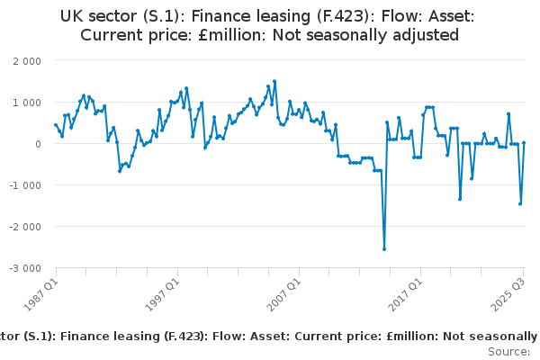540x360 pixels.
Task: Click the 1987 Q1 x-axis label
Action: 40,290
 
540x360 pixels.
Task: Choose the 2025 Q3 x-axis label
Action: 508,290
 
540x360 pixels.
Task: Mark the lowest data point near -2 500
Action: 384,249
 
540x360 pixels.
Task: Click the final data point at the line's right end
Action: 524,143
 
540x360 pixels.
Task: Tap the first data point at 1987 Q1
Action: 56,125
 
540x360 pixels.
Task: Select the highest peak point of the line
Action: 274,81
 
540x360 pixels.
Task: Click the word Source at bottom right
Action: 508,352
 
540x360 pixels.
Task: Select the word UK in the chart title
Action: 72,15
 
